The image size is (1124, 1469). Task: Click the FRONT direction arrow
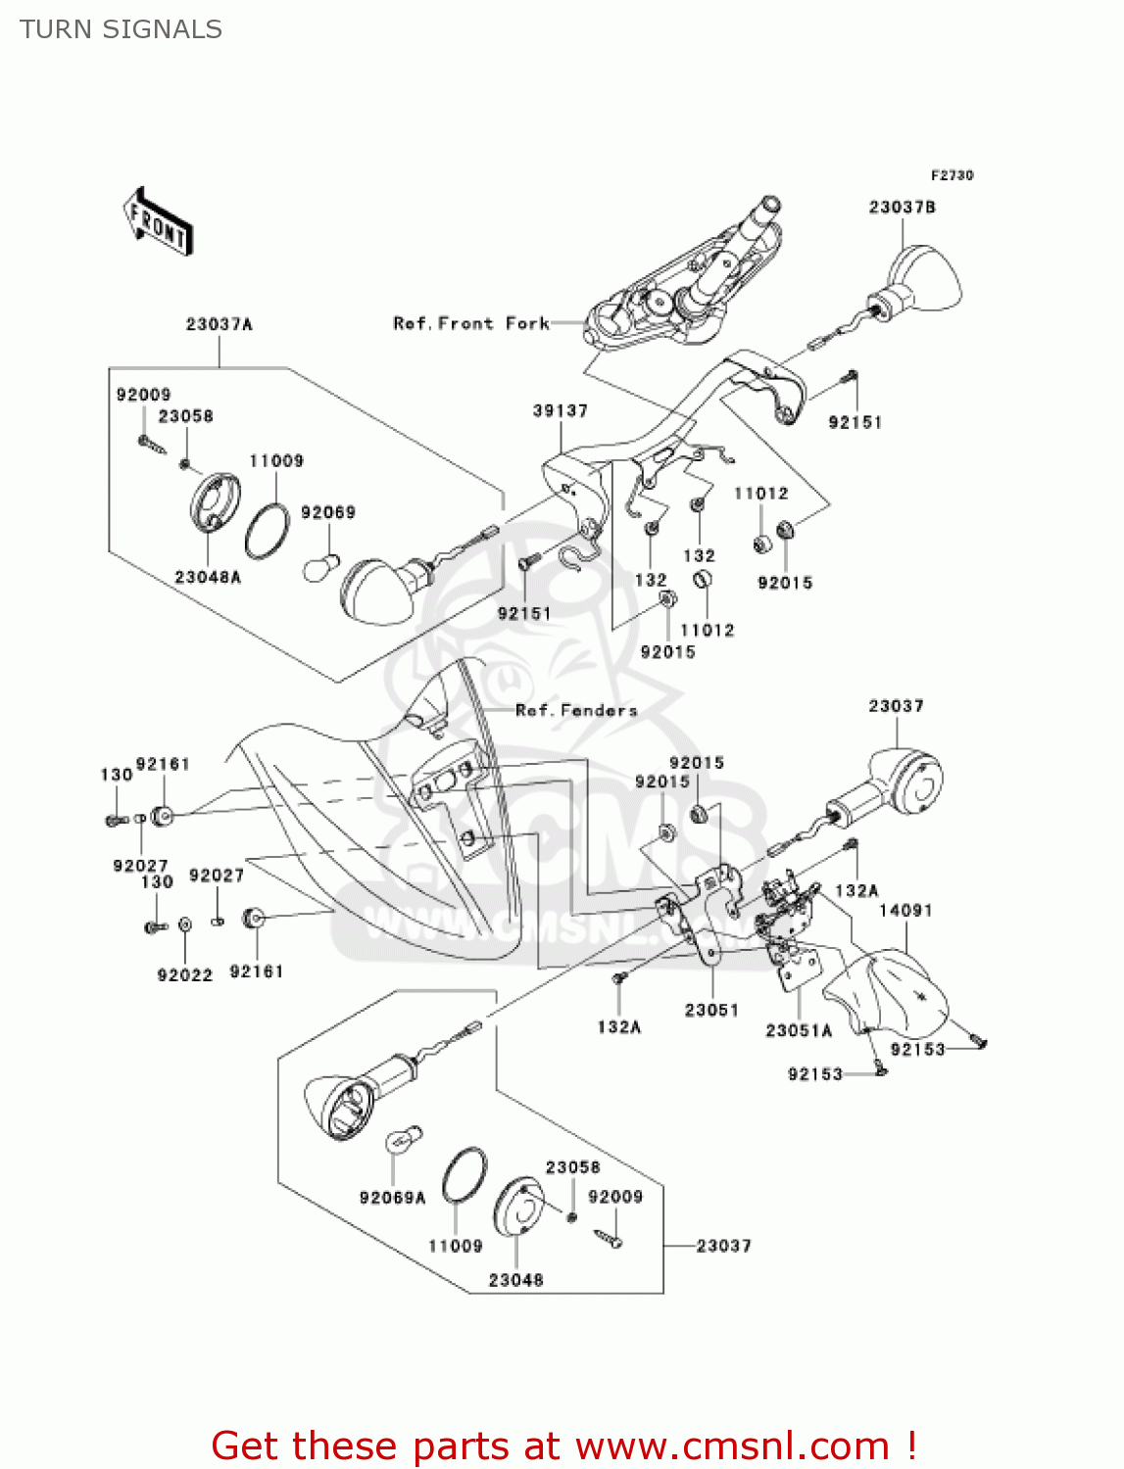pyautogui.click(x=157, y=221)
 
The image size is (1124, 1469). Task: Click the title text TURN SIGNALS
pyautogui.click(x=121, y=29)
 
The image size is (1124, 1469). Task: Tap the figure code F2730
pyautogui.click(x=952, y=175)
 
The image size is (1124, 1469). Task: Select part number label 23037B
pyautogui.click(x=902, y=208)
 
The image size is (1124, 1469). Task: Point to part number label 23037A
pyautogui.click(x=219, y=324)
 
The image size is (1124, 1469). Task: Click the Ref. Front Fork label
pyautogui.click(x=470, y=323)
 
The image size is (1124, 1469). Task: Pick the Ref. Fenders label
pyautogui.click(x=576, y=710)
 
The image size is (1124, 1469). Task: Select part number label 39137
pyautogui.click(x=560, y=410)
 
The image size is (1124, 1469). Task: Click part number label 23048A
pyautogui.click(x=207, y=577)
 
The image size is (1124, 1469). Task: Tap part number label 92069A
pyautogui.click(x=392, y=1198)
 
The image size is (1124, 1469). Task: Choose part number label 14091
pyautogui.click(x=904, y=911)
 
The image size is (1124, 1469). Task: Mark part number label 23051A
pyautogui.click(x=798, y=1030)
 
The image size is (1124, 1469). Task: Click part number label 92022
pyautogui.click(x=184, y=974)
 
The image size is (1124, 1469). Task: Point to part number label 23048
pyautogui.click(x=515, y=1280)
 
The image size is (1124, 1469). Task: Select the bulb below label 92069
pyautogui.click(x=321, y=565)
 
